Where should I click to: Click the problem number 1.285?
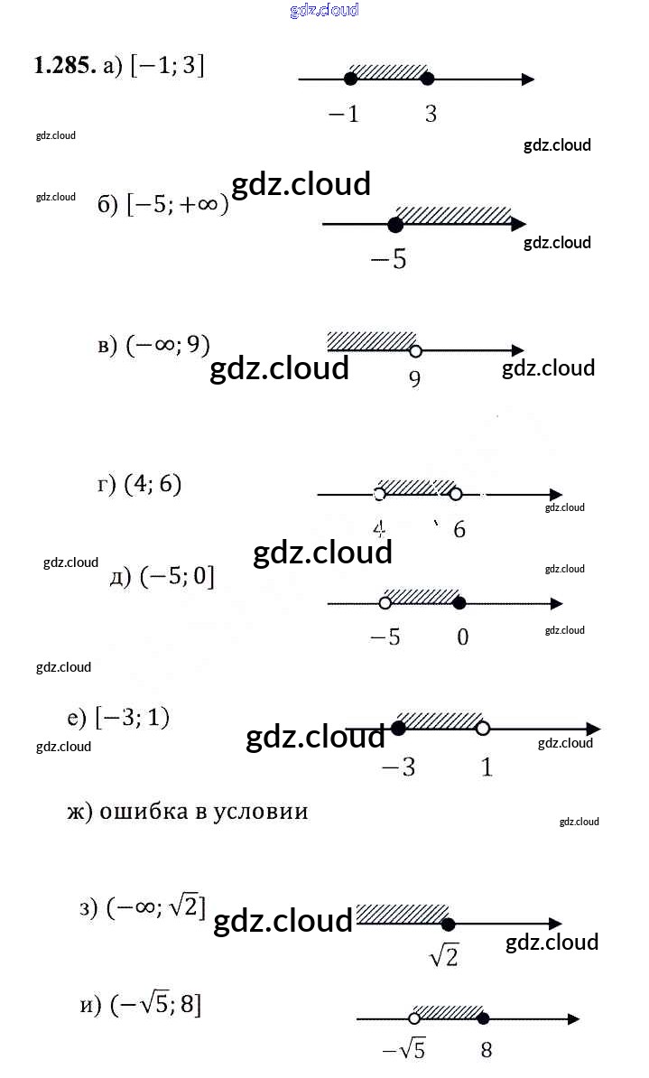(65, 66)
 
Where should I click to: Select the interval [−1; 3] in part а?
(166, 66)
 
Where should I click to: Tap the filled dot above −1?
(351, 79)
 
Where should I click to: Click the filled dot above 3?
(428, 79)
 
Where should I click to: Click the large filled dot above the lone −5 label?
(395, 225)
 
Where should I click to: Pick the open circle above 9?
(414, 351)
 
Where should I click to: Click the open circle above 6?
(456, 494)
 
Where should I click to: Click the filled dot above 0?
(459, 603)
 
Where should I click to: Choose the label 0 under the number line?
(463, 637)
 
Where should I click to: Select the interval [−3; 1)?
(132, 718)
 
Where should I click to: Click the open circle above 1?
(483, 729)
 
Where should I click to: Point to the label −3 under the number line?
(398, 767)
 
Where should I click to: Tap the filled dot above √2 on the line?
(449, 924)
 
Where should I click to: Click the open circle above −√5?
(414, 1019)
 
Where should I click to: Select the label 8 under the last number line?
(487, 1050)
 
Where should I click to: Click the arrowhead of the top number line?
(528, 79)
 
